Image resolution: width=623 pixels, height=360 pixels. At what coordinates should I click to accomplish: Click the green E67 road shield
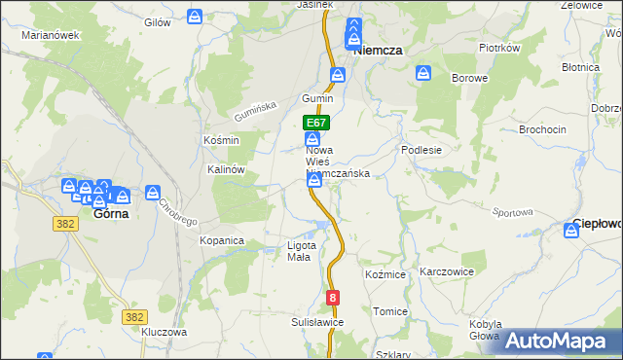(316, 124)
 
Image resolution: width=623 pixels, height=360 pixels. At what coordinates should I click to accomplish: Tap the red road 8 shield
(334, 298)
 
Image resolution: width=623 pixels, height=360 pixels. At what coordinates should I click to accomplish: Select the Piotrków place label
(501, 47)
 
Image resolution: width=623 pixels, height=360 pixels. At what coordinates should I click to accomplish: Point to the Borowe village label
(468, 77)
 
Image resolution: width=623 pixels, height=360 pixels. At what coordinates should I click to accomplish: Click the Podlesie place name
(422, 151)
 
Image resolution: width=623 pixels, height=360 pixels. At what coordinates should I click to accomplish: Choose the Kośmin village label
(221, 140)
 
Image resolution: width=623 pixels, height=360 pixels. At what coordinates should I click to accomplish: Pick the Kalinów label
(226, 168)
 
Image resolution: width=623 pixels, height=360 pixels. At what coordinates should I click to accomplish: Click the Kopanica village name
(222, 239)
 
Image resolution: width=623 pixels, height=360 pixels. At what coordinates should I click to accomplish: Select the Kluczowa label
(164, 332)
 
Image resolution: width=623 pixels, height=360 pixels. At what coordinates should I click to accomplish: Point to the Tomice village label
(390, 311)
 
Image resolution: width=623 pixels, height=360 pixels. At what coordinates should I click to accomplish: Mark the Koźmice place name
(385, 275)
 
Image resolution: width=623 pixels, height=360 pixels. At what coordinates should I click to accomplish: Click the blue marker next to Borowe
(423, 73)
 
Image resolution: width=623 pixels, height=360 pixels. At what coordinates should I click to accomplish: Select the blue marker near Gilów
(195, 18)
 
